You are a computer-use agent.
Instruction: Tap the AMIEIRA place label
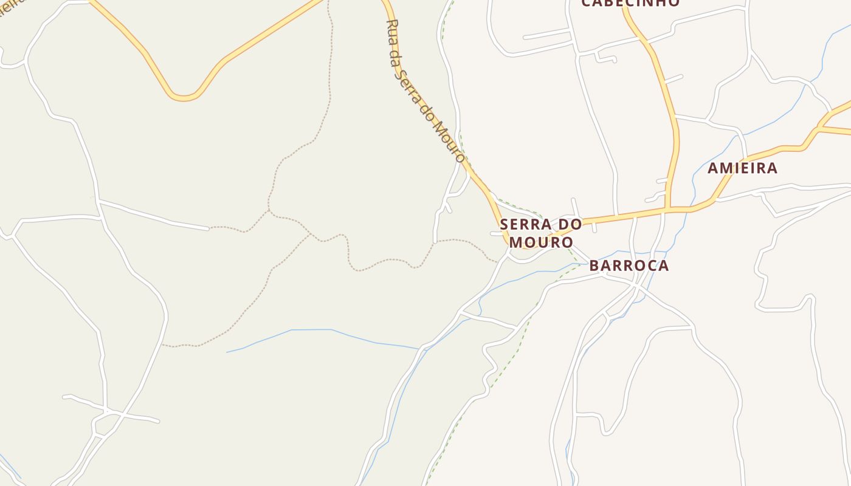[742, 168]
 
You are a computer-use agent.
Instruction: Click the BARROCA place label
[629, 265]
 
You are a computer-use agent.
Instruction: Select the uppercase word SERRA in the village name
[522, 225]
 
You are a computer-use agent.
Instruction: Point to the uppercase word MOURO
[541, 242]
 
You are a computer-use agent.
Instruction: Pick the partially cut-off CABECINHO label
[630, 3]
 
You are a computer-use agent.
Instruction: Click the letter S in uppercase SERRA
[505, 225]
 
